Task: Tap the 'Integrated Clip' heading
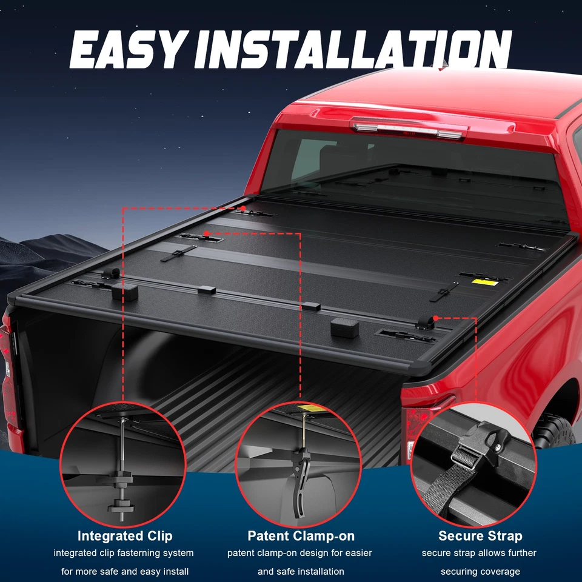point(125,536)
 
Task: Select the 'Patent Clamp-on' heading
point(301,536)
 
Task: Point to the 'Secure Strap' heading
point(480,536)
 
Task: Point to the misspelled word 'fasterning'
point(141,553)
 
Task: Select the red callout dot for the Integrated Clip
point(243,208)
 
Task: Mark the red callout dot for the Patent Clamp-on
point(207,233)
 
